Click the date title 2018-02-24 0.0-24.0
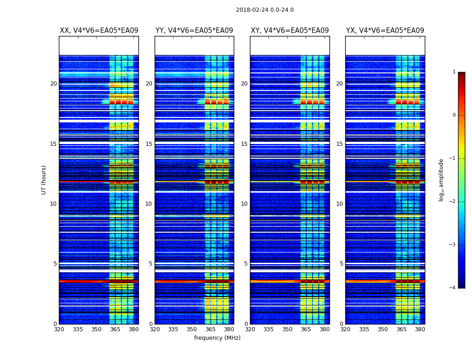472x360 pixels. [x=265, y=10]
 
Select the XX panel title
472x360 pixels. [x=99, y=31]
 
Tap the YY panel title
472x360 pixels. [x=194, y=31]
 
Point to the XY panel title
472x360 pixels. [x=290, y=31]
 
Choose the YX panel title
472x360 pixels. [x=385, y=31]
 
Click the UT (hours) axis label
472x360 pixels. [x=44, y=180]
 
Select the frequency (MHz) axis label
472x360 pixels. [x=217, y=338]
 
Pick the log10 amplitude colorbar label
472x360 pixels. [x=441, y=180]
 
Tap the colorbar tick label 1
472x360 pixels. [x=454, y=72]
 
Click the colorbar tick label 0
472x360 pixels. [x=454, y=115]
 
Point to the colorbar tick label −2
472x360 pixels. [x=453, y=202]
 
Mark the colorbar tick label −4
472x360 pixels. [x=453, y=288]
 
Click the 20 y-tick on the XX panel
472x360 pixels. [x=53, y=84]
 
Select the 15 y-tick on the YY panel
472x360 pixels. [x=149, y=144]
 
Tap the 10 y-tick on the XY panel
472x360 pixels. [x=244, y=204]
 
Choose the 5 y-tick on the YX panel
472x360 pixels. [x=341, y=264]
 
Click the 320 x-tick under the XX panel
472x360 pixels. [x=59, y=329]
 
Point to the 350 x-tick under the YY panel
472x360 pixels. [x=192, y=329]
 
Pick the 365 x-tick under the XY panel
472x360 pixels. [x=306, y=329]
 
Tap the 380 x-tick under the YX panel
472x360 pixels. [x=420, y=329]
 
